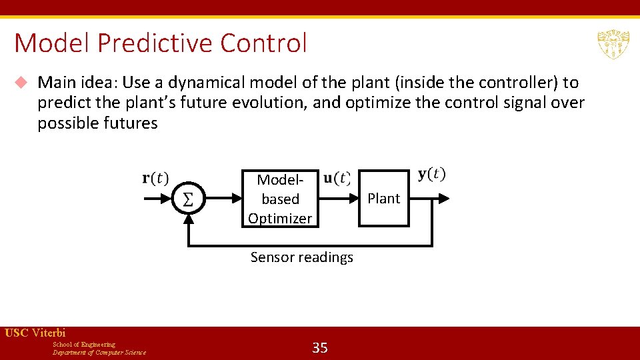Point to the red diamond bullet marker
(21, 83)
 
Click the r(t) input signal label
(155, 179)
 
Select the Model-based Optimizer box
(280, 199)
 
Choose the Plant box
(384, 199)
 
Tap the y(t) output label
(431, 175)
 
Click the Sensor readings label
(301, 257)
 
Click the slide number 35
(320, 347)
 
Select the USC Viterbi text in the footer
(35, 333)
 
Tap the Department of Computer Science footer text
(99, 353)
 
